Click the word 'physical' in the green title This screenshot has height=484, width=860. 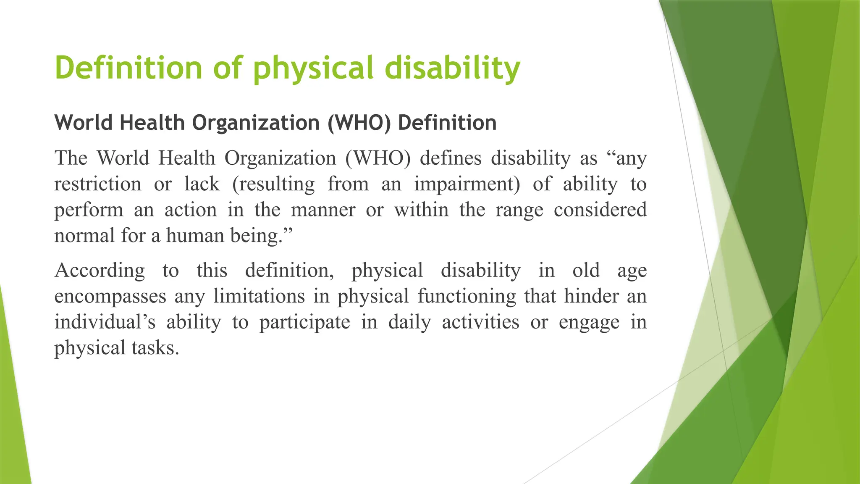click(x=313, y=68)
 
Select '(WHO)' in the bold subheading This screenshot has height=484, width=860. click(x=359, y=123)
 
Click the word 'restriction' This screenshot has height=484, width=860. click(x=98, y=184)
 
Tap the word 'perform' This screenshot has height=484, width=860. click(x=89, y=210)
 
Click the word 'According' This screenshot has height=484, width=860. click(x=100, y=270)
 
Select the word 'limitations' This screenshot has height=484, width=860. click(x=259, y=296)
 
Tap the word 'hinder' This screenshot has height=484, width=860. click(x=591, y=296)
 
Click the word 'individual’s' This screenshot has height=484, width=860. click(x=105, y=322)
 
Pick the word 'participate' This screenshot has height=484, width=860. click(x=304, y=322)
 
